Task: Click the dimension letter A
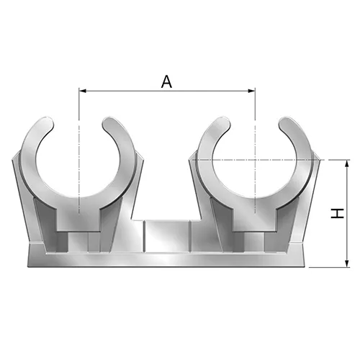166,81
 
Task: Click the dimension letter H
337,213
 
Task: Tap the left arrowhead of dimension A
83,91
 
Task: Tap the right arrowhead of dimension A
252,91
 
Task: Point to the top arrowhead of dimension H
346,163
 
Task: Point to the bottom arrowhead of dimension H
346,264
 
